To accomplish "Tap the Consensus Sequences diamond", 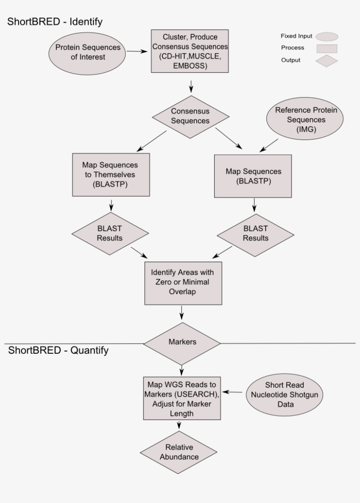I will tap(191, 116).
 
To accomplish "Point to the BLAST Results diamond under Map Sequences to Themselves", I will tap(110, 233).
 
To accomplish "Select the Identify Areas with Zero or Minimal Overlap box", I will tap(182, 282).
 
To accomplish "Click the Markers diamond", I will tap(182, 342).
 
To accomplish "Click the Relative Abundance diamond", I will tap(179, 452).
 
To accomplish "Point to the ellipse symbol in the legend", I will tap(326, 36).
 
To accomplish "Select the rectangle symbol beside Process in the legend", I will tap(326, 48).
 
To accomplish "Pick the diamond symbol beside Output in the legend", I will tap(326, 61).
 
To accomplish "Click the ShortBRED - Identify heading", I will tap(55, 22).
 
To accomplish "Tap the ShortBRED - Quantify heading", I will tap(58, 351).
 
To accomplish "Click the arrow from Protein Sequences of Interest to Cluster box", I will tap(137, 51).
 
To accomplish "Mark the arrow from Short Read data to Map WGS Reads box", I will tap(235, 392).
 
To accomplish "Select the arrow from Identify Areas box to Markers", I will tap(181, 313).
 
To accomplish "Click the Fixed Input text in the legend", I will tap(297, 36).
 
